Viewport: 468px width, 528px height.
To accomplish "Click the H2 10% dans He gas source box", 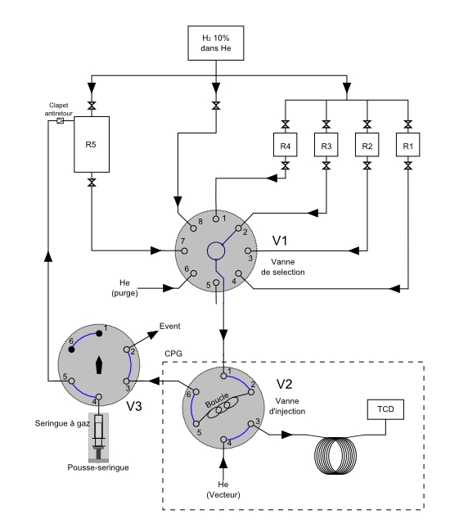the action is pyautogui.click(x=216, y=43).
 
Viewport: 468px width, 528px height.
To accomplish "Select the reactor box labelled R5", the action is pyautogui.click(x=92, y=144).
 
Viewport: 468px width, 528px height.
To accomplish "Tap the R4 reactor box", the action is pyautogui.click(x=286, y=145).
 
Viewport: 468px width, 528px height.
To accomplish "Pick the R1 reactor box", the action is pyautogui.click(x=407, y=145).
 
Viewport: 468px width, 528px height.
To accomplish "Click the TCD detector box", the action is pyautogui.click(x=385, y=409).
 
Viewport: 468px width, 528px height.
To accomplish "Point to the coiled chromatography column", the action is pyautogui.click(x=335, y=456).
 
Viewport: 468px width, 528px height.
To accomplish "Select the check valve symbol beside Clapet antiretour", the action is pyautogui.click(x=61, y=120).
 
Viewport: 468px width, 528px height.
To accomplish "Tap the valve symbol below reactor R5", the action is pyautogui.click(x=92, y=183).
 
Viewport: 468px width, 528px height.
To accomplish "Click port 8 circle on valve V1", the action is pyautogui.click(x=193, y=228).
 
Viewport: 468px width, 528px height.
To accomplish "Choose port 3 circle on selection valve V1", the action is pyautogui.click(x=248, y=250).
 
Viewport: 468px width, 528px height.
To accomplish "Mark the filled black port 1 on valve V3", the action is pyautogui.click(x=99, y=333).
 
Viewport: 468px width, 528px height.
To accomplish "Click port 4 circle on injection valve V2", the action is pyautogui.click(x=223, y=440).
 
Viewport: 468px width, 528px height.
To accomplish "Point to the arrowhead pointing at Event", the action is pyautogui.click(x=153, y=334).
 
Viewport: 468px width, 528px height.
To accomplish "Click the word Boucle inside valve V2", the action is pyautogui.click(x=217, y=399).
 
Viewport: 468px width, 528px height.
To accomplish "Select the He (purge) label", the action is pyautogui.click(x=124, y=287).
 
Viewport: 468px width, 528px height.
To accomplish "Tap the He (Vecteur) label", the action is pyautogui.click(x=223, y=490).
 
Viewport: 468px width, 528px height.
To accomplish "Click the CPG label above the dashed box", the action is pyautogui.click(x=173, y=354).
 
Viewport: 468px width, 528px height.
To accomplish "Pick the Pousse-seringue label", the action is pyautogui.click(x=98, y=467).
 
